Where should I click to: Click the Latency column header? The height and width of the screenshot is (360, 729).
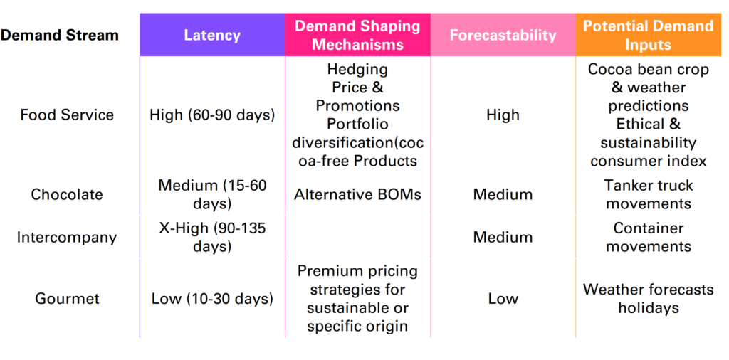[x=212, y=36]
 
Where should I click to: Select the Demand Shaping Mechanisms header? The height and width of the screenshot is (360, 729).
[x=357, y=35]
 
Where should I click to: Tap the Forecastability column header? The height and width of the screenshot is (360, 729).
[x=503, y=36]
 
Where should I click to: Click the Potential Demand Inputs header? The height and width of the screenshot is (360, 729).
[x=648, y=35]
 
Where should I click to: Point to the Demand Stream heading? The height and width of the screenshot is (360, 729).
[x=60, y=36]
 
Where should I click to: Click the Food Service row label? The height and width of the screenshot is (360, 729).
[x=67, y=115]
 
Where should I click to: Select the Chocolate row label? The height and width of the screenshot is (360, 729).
[x=67, y=194]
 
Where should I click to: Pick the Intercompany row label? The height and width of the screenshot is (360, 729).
[x=67, y=238]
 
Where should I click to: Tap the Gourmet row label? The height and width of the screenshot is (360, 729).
[x=67, y=298]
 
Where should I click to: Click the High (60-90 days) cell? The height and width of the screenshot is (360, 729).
[x=212, y=115]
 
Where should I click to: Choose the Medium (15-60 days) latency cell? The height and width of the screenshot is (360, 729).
[x=212, y=194]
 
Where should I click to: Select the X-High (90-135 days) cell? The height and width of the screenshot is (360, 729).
[x=212, y=238]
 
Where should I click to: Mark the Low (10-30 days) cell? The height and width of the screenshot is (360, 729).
[x=212, y=298]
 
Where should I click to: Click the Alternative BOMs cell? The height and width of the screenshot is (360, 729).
[x=357, y=194]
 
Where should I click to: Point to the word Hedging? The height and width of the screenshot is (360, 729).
[x=357, y=70]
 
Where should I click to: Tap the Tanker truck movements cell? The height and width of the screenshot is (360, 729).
[x=648, y=194]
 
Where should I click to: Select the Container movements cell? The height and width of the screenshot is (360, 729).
[x=648, y=238]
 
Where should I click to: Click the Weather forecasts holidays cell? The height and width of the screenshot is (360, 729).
[x=648, y=298]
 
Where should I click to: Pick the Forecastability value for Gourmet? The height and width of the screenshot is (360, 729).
[x=503, y=298]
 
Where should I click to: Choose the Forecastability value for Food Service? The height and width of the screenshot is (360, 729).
[x=503, y=115]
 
